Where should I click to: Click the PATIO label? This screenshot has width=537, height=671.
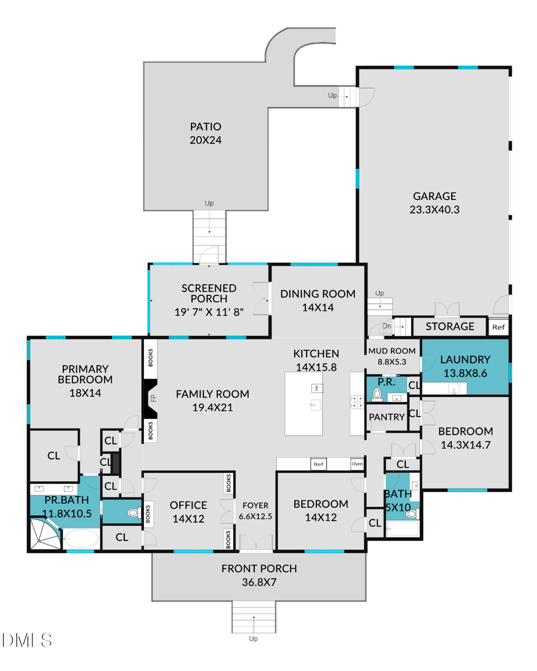(x=205, y=127)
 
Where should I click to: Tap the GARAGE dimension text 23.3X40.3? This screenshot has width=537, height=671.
(x=434, y=210)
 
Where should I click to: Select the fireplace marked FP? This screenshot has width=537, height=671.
(x=150, y=398)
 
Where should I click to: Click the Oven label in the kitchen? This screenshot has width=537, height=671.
(x=357, y=464)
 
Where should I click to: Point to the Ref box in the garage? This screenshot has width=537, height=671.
(x=498, y=327)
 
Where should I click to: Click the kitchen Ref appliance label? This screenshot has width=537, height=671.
(x=318, y=464)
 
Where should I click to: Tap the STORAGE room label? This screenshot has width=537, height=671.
(x=450, y=326)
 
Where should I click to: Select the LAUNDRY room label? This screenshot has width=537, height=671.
(x=465, y=359)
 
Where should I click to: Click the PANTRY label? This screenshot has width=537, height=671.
(x=387, y=417)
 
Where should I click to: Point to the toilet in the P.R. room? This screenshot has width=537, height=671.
(x=376, y=394)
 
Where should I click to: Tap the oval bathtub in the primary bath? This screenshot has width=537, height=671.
(x=80, y=539)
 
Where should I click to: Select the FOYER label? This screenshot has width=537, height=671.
(x=255, y=505)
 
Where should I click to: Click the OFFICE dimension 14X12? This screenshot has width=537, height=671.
(x=189, y=519)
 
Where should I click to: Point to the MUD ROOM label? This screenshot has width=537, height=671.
(x=391, y=350)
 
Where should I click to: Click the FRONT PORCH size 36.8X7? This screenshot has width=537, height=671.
(x=258, y=582)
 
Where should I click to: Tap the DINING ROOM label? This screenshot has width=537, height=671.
(x=317, y=294)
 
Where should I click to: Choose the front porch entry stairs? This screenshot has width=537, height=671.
(x=254, y=617)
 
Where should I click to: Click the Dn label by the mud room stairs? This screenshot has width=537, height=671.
(x=387, y=326)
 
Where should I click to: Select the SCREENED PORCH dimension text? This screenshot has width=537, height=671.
(x=209, y=311)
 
